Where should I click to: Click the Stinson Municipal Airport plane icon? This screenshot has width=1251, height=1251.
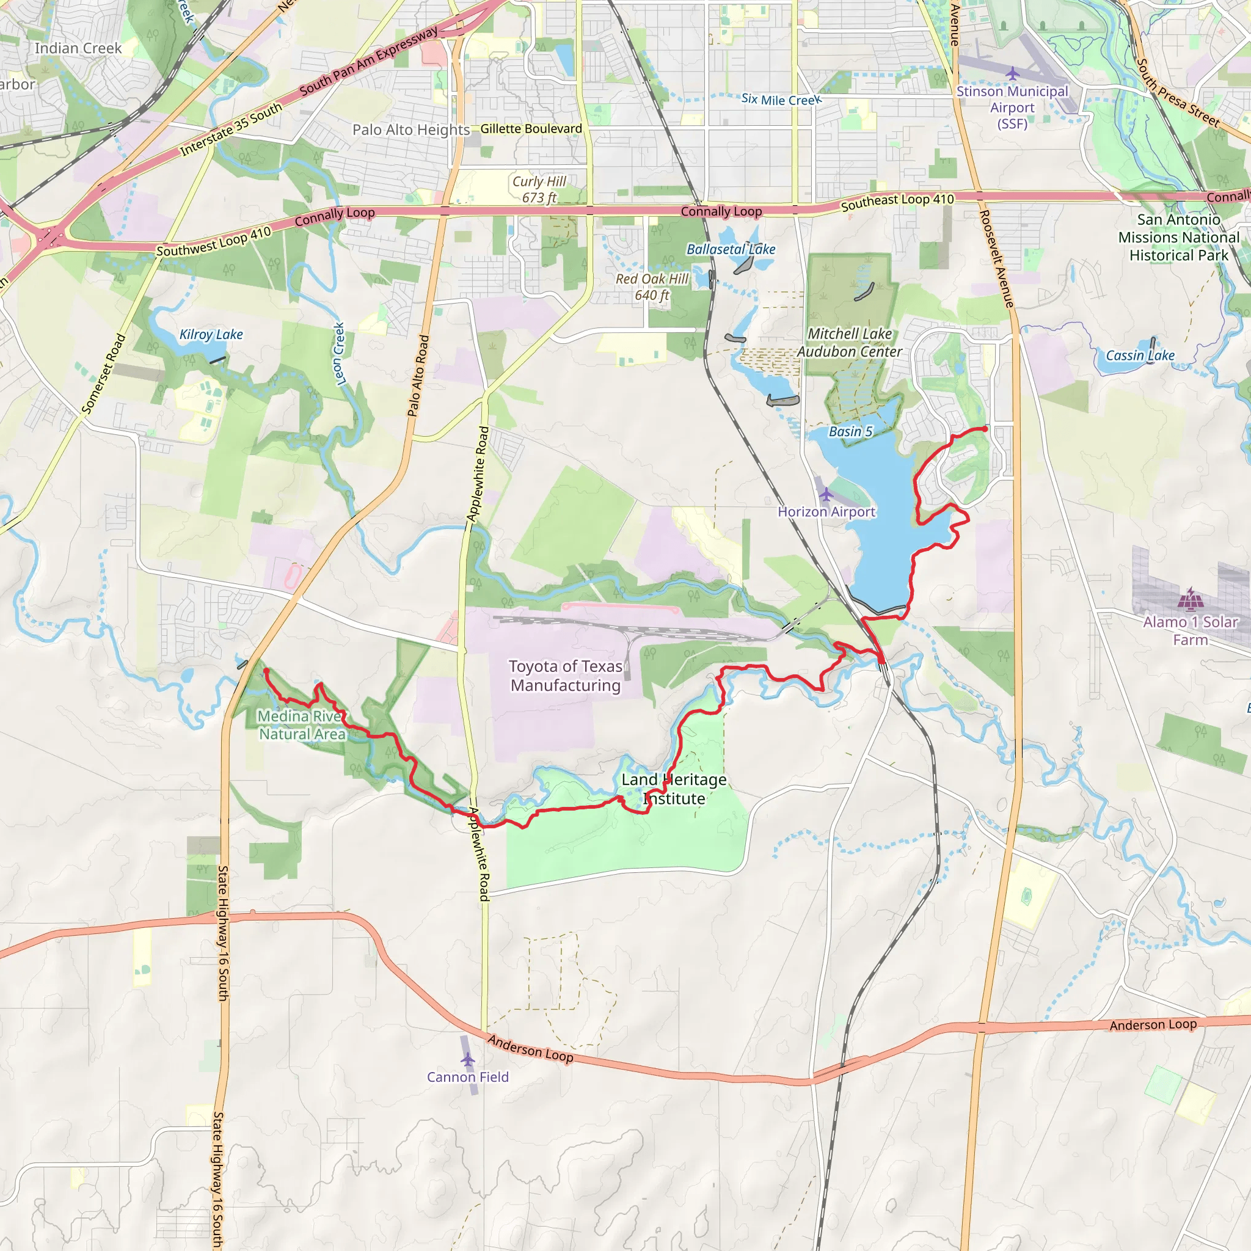1012,74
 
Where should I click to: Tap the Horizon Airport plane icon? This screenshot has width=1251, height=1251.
826,495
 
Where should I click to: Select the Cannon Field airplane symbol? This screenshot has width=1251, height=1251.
467,1060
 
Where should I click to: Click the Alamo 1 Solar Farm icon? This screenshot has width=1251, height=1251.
1190,599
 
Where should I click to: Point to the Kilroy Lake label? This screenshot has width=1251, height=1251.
211,335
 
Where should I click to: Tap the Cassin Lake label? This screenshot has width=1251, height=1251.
1140,356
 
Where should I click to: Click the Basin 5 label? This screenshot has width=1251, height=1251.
850,431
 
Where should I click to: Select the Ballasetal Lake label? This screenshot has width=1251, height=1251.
731,249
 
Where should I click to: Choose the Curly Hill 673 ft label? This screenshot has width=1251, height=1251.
539,189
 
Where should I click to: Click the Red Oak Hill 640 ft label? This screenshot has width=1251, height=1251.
651,287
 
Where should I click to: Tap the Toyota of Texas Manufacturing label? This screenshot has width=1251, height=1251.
565,676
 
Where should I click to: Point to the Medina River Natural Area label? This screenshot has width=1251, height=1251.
302,724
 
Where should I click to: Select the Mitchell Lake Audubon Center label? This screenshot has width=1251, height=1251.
850,343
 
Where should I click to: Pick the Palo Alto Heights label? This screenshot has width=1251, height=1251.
410,129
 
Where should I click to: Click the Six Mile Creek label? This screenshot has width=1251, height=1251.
781,100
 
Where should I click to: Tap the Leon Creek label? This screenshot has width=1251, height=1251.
338,354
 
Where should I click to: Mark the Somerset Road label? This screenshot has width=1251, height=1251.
104,374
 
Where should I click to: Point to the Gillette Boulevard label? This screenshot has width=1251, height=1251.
531,129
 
